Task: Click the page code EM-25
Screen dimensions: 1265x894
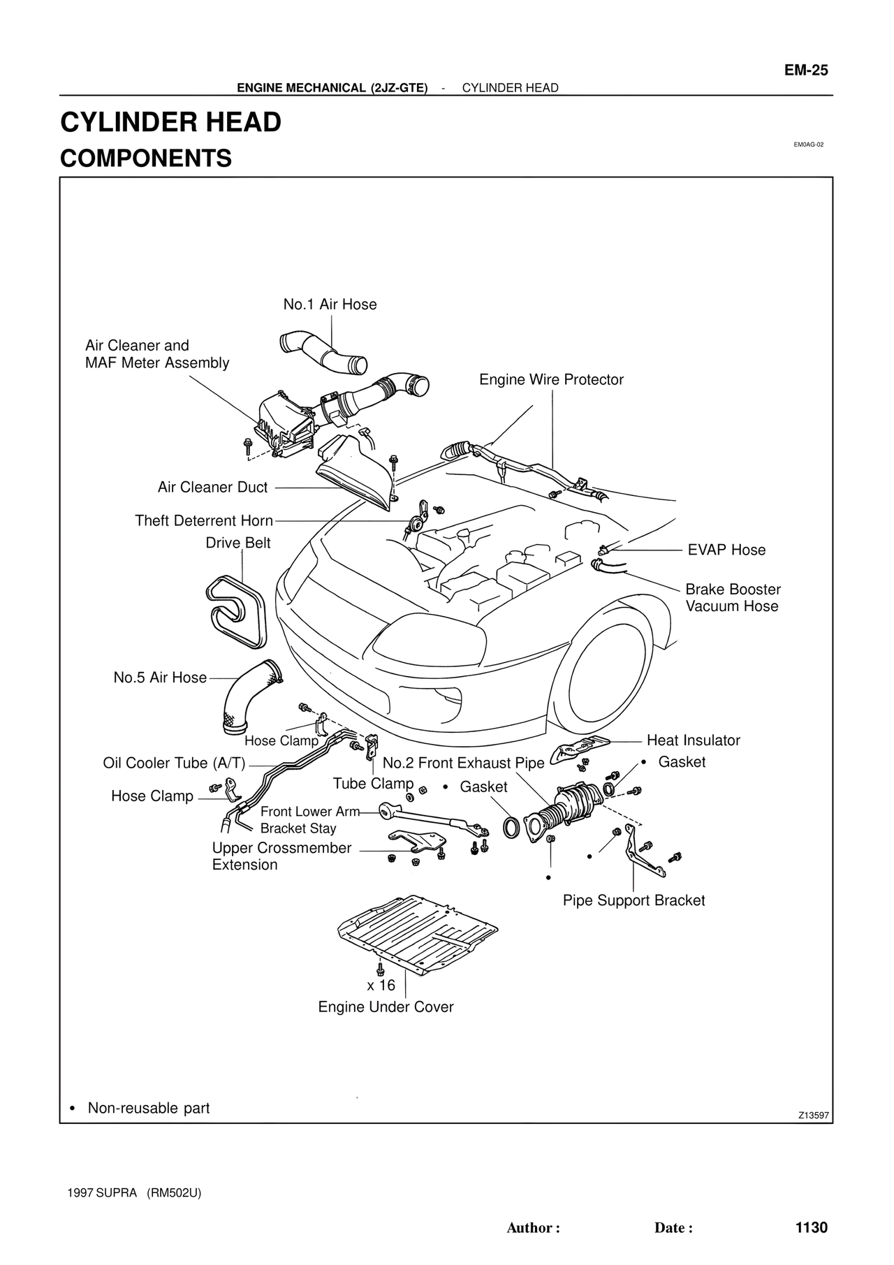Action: point(805,70)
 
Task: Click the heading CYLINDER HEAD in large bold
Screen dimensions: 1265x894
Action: point(171,122)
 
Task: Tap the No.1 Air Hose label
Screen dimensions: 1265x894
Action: point(330,305)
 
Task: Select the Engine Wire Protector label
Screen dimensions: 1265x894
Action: point(551,380)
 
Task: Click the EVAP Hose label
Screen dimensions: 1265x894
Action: point(726,550)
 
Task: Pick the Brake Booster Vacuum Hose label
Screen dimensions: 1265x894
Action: point(733,598)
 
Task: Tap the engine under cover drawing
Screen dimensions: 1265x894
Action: point(417,933)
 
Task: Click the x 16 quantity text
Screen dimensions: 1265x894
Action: point(381,986)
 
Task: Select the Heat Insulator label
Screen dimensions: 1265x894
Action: point(693,740)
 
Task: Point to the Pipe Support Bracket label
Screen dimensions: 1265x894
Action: point(633,901)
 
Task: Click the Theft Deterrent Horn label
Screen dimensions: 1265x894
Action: point(203,521)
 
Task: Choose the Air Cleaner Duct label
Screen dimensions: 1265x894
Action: point(212,488)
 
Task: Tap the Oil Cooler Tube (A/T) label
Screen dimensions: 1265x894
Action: point(174,763)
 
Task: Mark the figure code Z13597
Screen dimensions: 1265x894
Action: point(814,1116)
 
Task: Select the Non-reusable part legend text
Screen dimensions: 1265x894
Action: point(148,1109)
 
